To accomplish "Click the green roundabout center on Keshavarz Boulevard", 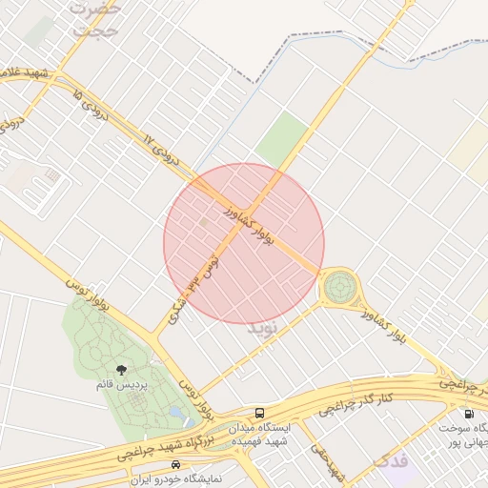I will [338, 286].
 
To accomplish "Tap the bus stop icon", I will [259, 413].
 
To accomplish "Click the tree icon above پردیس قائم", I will [120, 369].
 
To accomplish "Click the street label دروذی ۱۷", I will [162, 151].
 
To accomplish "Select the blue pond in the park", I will [177, 412].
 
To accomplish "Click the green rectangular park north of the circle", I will [281, 138].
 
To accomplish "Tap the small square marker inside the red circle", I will [203, 222].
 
